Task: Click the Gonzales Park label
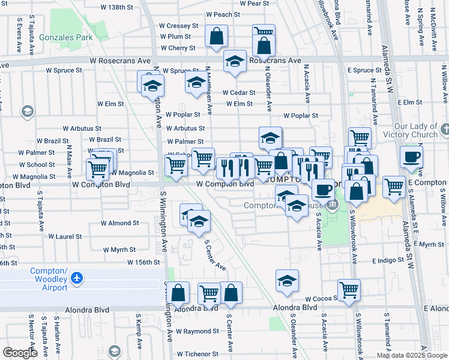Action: [58, 37]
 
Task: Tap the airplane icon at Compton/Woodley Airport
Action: [76, 278]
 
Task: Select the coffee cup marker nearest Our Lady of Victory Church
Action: [411, 158]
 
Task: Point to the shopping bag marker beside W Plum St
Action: [216, 36]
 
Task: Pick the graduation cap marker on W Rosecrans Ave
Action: [235, 61]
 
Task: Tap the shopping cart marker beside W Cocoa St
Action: [349, 290]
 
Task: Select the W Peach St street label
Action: [223, 14]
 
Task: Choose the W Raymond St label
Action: [193, 331]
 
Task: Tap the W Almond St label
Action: [119, 223]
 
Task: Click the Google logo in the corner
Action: [20, 353]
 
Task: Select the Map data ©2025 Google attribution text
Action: [412, 355]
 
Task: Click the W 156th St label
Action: [143, 262]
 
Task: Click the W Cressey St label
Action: [178, 26]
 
